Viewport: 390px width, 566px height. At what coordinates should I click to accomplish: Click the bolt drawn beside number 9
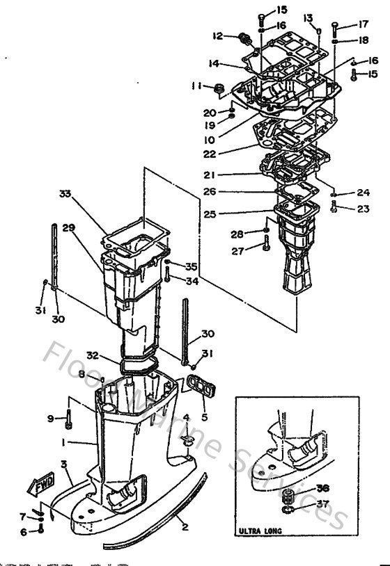(x=69, y=419)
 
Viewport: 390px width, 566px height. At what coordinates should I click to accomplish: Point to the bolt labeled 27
(x=266, y=244)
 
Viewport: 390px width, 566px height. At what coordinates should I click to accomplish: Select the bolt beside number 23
(x=335, y=205)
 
